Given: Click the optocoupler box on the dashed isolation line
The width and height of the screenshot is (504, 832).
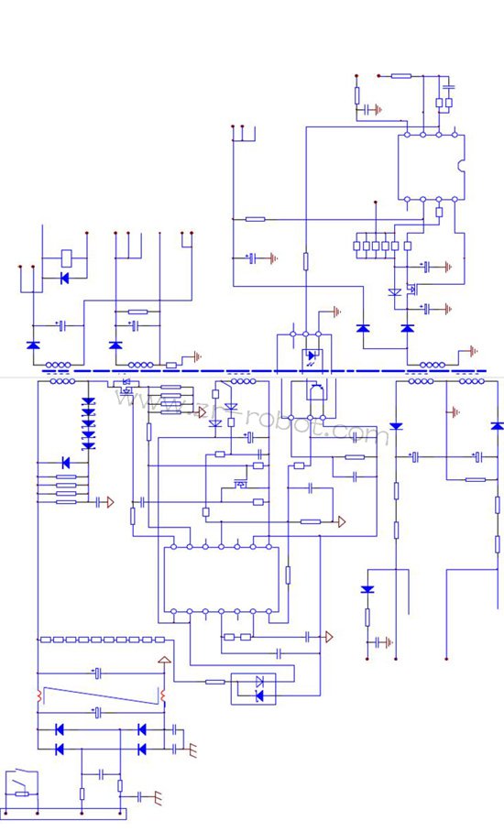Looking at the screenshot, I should (x=312, y=354).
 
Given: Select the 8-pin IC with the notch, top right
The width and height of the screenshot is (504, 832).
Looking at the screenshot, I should (x=431, y=167).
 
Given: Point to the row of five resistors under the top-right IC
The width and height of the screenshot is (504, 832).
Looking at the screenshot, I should (x=382, y=245).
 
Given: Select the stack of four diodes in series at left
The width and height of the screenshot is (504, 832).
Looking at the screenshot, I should (x=89, y=422).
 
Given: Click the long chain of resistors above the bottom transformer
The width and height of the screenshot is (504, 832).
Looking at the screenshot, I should (x=103, y=639).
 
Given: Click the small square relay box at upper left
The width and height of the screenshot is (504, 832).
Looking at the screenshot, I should (x=68, y=257).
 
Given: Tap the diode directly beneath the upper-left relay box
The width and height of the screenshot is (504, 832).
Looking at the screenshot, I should (x=64, y=278).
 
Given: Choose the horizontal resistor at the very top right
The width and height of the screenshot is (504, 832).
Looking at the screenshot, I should (x=401, y=76).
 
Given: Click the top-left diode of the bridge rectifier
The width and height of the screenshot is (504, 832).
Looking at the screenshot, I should (x=60, y=729).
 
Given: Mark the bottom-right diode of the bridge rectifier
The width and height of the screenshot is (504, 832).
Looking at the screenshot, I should (x=141, y=749).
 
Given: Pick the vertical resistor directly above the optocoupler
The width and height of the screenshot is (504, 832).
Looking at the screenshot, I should (x=306, y=261).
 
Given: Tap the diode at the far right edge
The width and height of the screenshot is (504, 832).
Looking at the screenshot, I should (x=497, y=426).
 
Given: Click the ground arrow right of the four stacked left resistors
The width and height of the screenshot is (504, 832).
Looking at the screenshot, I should (x=109, y=501).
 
